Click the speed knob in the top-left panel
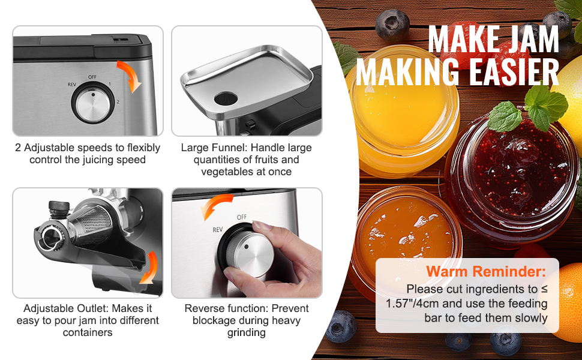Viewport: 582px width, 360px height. (93, 103)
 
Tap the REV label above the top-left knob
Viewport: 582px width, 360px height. (71, 85)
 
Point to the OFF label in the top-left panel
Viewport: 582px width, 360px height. (92, 77)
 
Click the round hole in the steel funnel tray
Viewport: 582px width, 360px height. (226, 99)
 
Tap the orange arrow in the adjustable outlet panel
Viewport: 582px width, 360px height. (151, 267)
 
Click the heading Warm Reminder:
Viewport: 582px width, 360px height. (486, 271)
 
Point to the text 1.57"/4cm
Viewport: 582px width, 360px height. (412, 304)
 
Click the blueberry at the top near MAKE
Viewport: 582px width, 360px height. (392, 25)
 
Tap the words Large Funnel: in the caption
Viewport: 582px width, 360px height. (213, 148)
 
